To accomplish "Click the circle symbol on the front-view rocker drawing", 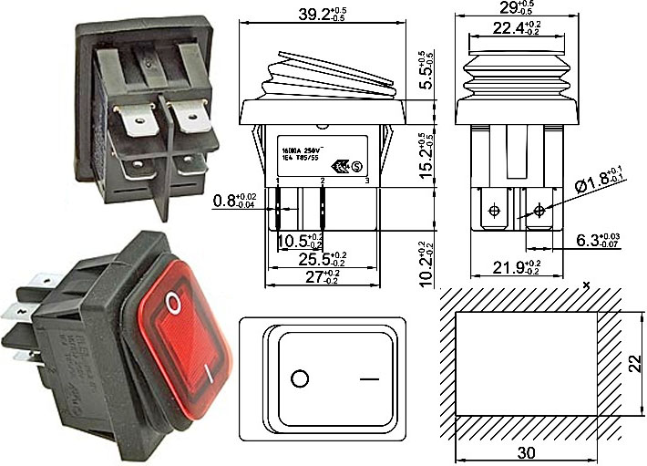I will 299,377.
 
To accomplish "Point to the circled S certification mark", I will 358,166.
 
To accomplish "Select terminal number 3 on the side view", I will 366,181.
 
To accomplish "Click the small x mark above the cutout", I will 587,285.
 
